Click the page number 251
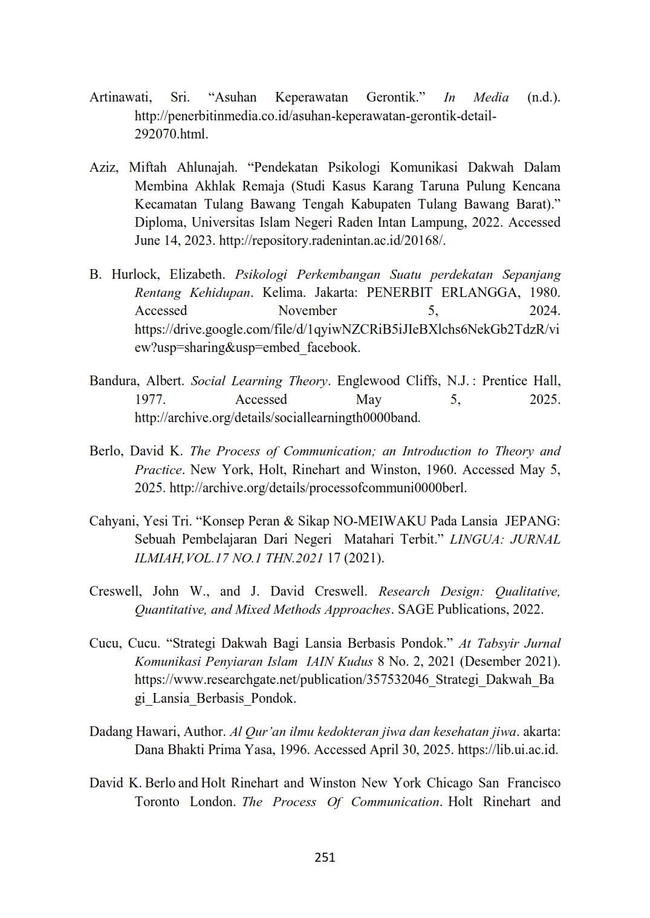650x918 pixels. point(325,857)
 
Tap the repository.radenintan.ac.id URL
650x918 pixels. point(332,241)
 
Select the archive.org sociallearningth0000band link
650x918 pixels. point(278,418)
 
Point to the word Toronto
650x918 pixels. point(157,802)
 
